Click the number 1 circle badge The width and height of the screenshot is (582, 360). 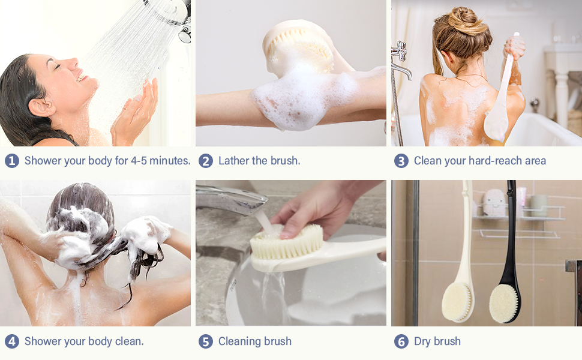coord(12,161)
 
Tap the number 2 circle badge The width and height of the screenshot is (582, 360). coord(206,161)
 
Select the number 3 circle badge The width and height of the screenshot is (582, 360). coord(401,161)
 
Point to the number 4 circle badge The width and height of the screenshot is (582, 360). coord(12,341)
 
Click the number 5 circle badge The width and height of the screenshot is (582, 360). coord(206,341)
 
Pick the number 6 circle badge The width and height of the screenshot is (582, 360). coord(401,341)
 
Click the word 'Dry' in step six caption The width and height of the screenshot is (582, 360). coord(424,341)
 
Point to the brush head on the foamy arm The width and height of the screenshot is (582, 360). coord(298,45)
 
